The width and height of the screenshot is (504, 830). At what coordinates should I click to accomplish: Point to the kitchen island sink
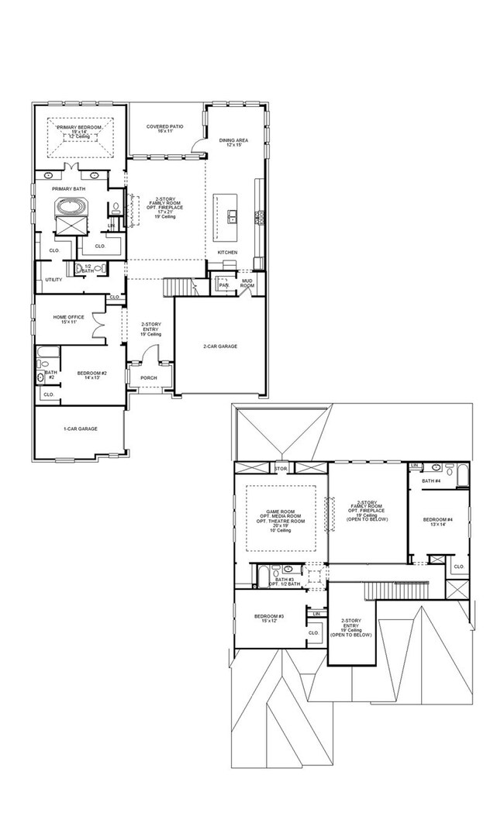(x=231, y=215)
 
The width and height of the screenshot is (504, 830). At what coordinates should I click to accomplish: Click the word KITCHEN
(x=227, y=253)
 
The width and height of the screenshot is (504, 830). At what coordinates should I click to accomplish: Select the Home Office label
(x=68, y=317)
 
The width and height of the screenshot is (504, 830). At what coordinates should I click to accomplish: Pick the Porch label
(x=148, y=378)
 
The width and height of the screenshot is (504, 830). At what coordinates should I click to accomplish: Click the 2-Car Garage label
(x=220, y=346)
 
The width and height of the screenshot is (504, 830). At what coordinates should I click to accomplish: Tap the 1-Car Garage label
(x=80, y=429)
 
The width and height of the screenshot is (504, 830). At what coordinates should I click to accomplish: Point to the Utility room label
(x=54, y=280)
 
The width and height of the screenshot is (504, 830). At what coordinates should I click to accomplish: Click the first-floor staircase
(x=177, y=288)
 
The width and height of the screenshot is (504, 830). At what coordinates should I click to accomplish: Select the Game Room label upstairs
(x=281, y=515)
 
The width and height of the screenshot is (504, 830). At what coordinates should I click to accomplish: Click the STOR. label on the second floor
(x=281, y=469)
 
